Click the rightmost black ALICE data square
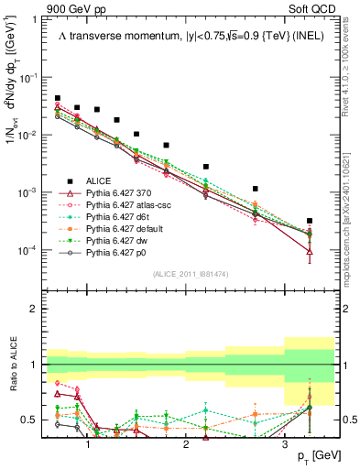tap(310, 221)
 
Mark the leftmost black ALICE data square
tap(58, 98)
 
